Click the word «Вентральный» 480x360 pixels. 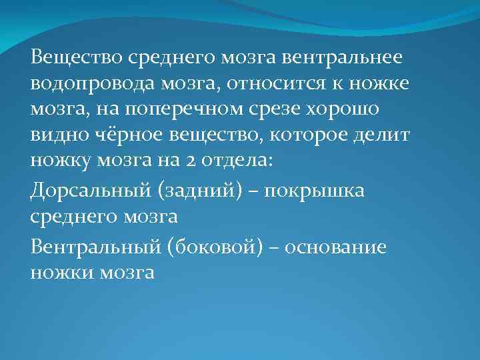(x=93, y=247)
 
